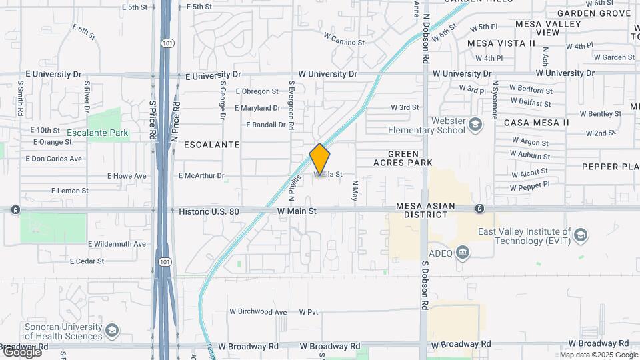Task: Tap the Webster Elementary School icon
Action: pyautogui.click(x=475, y=123)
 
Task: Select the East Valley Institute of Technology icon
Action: pyautogui.click(x=581, y=235)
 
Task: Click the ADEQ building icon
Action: pyautogui.click(x=463, y=252)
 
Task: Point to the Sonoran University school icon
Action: pyautogui.click(x=112, y=330)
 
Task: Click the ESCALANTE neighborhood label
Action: pyautogui.click(x=211, y=144)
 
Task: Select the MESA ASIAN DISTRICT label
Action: pyautogui.click(x=431, y=211)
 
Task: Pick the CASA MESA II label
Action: pyautogui.click(x=536, y=123)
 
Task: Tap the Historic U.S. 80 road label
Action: pyautogui.click(x=218, y=211)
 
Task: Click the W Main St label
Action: pyautogui.click(x=297, y=211)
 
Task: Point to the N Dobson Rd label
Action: pyautogui.click(x=425, y=39)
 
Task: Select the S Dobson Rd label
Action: pyautogui.click(x=424, y=285)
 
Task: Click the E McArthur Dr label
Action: pyautogui.click(x=201, y=176)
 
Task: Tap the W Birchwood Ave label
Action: pyautogui.click(x=258, y=311)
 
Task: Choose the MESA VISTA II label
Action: pyautogui.click(x=501, y=43)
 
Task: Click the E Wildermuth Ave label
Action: pyautogui.click(x=117, y=244)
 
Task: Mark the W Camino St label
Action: pyautogui.click(x=344, y=41)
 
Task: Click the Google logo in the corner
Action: pyautogui.click(x=21, y=351)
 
